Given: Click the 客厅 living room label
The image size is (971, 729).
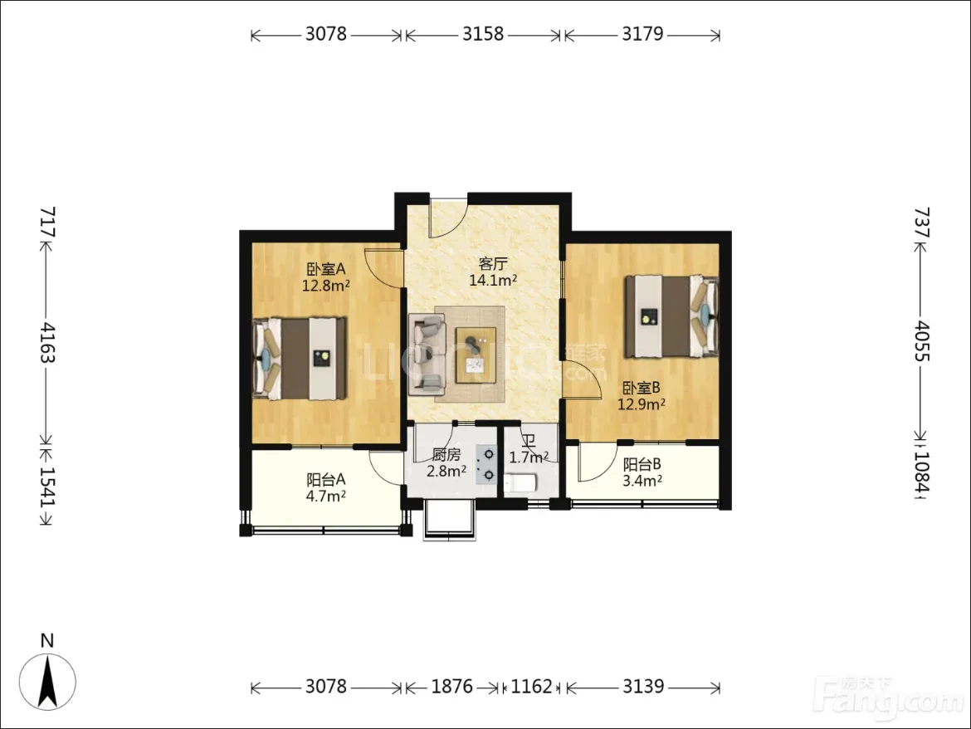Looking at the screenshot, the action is pyautogui.click(x=493, y=265).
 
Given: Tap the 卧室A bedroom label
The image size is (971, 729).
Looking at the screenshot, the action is pyautogui.click(x=325, y=269).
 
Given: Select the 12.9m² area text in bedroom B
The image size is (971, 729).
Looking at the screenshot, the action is pyautogui.click(x=642, y=404).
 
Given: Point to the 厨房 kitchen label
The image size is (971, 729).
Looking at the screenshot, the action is pyautogui.click(x=446, y=455).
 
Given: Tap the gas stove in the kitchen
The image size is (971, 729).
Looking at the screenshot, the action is pyautogui.click(x=486, y=465).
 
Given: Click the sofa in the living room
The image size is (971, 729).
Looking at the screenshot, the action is pyautogui.click(x=427, y=355).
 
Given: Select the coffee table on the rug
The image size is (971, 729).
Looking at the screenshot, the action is pyautogui.click(x=476, y=355).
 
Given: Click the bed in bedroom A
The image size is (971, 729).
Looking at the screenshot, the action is pyautogui.click(x=299, y=359).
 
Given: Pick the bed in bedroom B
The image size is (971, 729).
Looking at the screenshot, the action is pyautogui.click(x=671, y=316).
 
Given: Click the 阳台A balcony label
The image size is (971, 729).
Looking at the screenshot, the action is pyautogui.click(x=325, y=480).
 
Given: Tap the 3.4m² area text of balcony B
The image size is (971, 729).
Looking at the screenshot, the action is pyautogui.click(x=642, y=482).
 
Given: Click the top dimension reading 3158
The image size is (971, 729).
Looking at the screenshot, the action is pyautogui.click(x=483, y=33).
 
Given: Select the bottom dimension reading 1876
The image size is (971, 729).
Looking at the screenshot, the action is pyautogui.click(x=451, y=687).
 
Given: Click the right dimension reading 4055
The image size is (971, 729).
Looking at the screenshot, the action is pyautogui.click(x=922, y=341).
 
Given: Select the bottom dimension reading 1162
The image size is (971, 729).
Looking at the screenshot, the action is pyautogui.click(x=531, y=687).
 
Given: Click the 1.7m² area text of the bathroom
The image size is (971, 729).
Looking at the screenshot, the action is pyautogui.click(x=528, y=457).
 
